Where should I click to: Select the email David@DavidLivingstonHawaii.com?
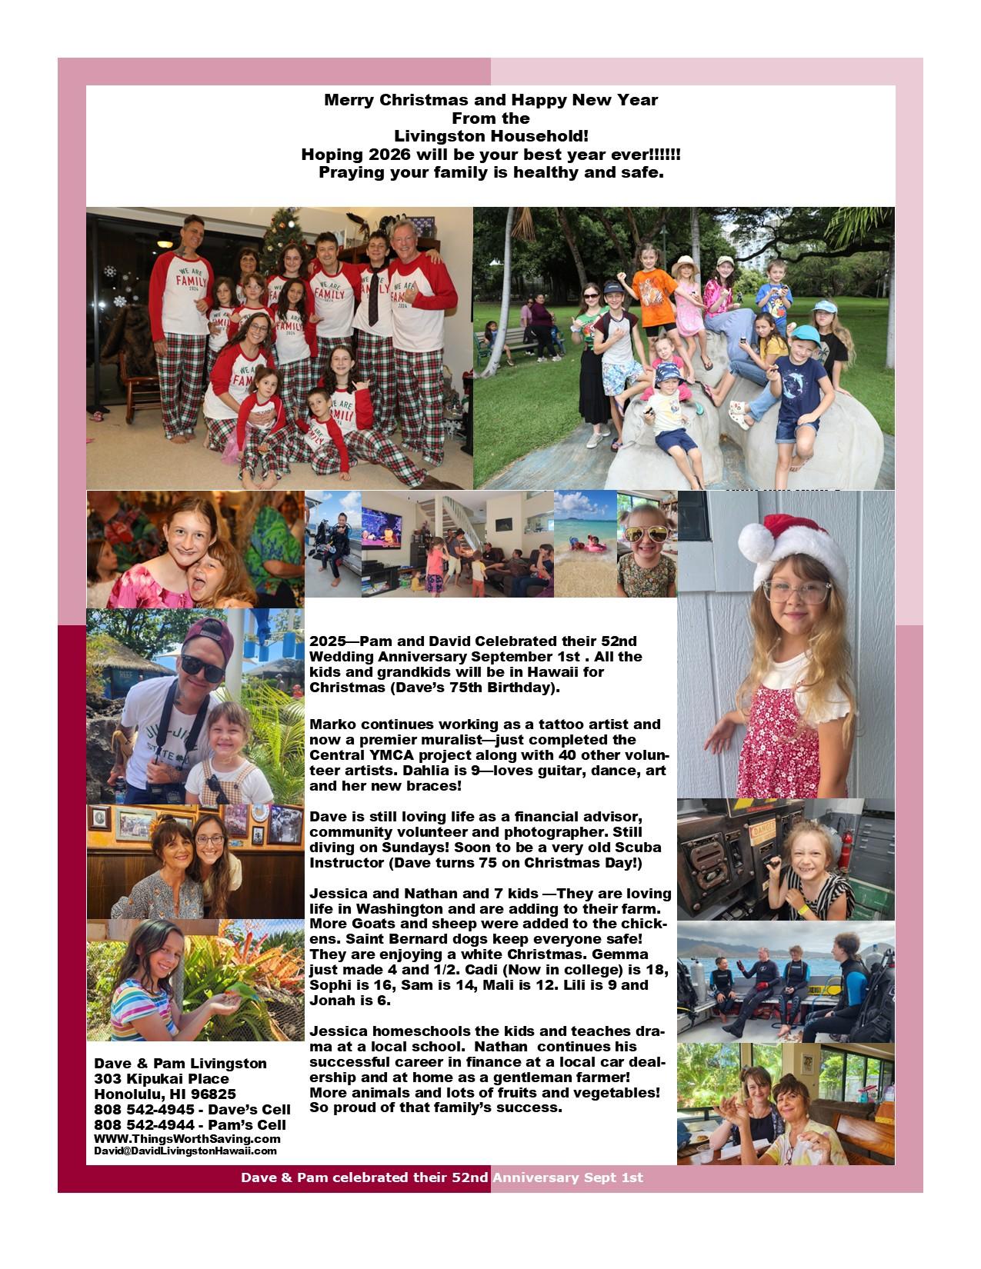tap(185, 1151)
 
